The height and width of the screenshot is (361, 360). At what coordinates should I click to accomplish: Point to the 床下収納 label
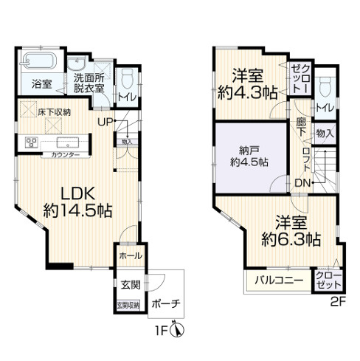54,112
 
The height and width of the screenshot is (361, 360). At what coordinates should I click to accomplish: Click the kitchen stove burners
32,142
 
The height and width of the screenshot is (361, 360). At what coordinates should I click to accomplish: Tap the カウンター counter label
66,155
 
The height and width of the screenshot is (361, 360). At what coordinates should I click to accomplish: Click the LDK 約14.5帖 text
77,201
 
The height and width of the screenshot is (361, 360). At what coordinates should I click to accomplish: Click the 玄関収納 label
125,305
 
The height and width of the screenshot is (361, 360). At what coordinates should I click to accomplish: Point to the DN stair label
302,182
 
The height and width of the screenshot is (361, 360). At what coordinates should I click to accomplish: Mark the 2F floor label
338,300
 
